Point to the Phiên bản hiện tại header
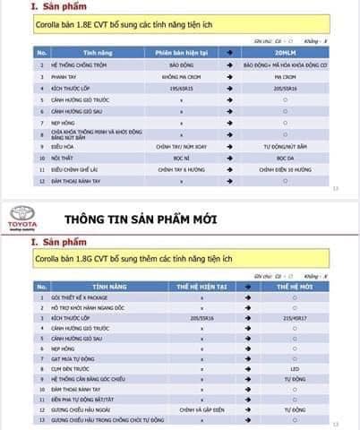[181, 53]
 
